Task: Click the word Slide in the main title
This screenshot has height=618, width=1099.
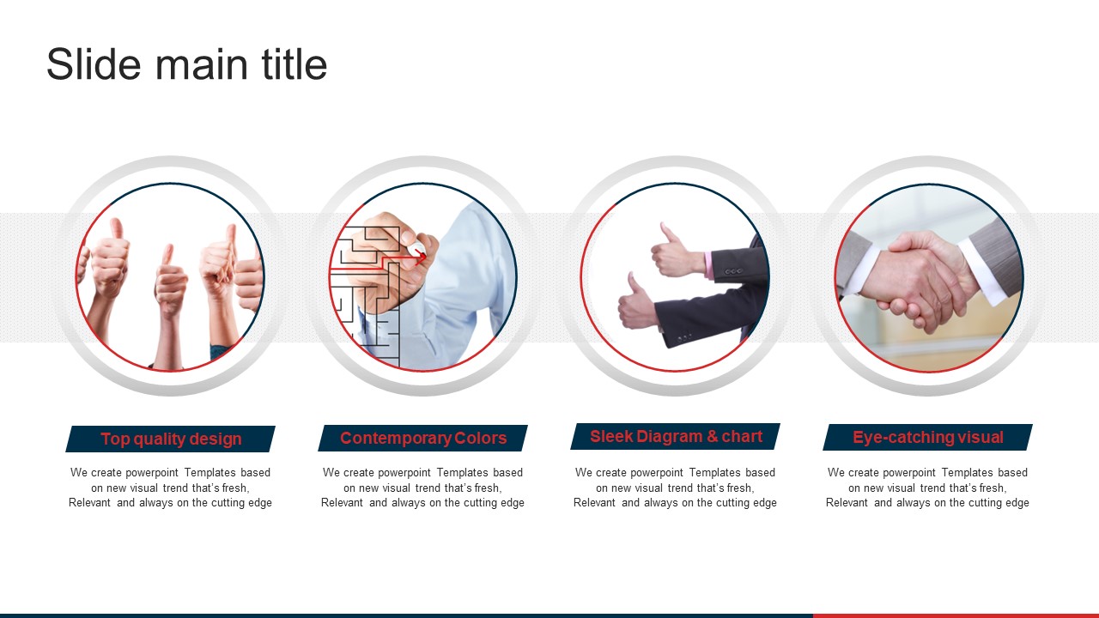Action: pos(94,64)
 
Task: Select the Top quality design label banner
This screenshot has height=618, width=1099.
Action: pos(170,439)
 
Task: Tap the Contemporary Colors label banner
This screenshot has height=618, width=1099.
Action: pos(423,438)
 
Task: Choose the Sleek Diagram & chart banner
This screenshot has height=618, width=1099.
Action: pos(675,437)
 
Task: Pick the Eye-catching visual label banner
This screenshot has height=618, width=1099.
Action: pos(928,438)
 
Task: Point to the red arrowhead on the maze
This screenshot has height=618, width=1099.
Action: pos(421,256)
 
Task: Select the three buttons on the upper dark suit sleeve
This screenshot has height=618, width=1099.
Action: pos(733,271)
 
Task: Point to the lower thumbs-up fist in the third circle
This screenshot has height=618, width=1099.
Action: pos(635,306)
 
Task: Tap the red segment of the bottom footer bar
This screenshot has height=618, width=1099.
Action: pos(956,615)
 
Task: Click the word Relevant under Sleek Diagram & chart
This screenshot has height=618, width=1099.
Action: pos(594,503)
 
